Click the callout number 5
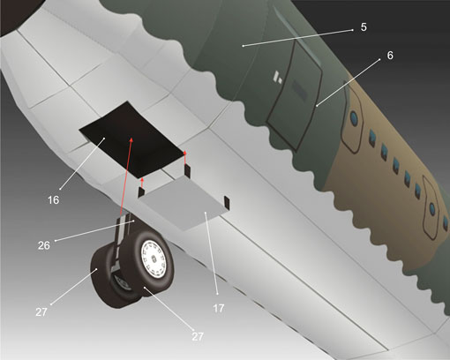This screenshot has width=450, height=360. pyautogui.click(x=364, y=27)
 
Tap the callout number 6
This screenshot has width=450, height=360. pyautogui.click(x=390, y=55)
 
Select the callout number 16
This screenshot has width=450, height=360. pyautogui.click(x=53, y=200)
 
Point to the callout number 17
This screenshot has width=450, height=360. pyautogui.click(x=219, y=308)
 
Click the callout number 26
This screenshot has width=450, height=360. pyautogui.click(x=44, y=245)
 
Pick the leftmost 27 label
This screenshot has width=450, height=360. pyautogui.click(x=41, y=312)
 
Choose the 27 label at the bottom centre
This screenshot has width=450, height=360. pyautogui.click(x=198, y=336)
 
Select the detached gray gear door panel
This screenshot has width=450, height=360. pyautogui.click(x=183, y=204)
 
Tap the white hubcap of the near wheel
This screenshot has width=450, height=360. pyautogui.click(x=154, y=258)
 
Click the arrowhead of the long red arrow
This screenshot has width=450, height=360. pyautogui.click(x=131, y=139)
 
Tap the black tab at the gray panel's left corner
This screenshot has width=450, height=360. pyautogui.click(x=141, y=192)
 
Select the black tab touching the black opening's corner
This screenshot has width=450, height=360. pyautogui.click(x=187, y=171)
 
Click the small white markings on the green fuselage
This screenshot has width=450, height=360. pyautogui.click(x=278, y=76)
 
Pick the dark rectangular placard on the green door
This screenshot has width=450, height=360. pyautogui.click(x=299, y=89)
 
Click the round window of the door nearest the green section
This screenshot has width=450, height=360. pyautogui.click(x=354, y=118)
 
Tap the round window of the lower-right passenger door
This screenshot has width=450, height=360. pyautogui.click(x=431, y=208)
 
